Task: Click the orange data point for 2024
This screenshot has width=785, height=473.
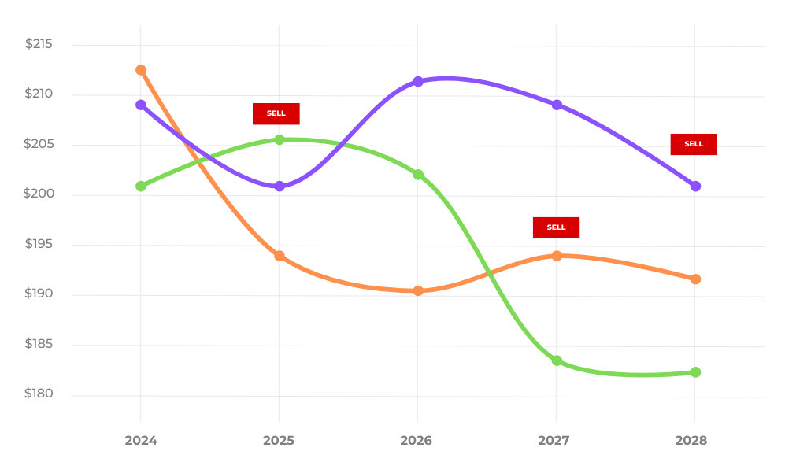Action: (x=141, y=70)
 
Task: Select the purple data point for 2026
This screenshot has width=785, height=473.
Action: (x=418, y=81)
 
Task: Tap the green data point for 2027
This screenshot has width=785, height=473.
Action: (x=557, y=360)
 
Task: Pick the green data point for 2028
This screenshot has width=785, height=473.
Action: (x=695, y=372)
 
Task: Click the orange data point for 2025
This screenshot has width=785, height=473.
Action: (x=280, y=256)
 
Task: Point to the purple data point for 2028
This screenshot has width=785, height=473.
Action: (x=695, y=186)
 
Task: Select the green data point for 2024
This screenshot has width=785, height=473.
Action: (x=141, y=187)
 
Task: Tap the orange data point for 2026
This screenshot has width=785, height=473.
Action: (x=418, y=290)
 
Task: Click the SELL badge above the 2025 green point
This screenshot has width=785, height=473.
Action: (x=276, y=113)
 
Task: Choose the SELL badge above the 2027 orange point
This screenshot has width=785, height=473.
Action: (x=556, y=227)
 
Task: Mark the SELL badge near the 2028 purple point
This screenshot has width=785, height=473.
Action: (x=694, y=144)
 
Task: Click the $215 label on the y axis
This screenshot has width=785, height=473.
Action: (x=39, y=44)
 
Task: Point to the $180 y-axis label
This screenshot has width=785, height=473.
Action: (x=39, y=394)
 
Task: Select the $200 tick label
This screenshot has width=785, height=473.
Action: (x=39, y=194)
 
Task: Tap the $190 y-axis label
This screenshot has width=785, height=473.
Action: (x=39, y=294)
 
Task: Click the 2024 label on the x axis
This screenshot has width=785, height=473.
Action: (x=141, y=440)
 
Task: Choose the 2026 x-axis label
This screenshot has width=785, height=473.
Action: (x=417, y=440)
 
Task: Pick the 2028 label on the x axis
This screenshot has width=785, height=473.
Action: (x=691, y=440)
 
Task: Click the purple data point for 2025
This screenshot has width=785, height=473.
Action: (x=280, y=187)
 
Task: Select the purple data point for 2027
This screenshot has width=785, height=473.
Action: (x=557, y=104)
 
